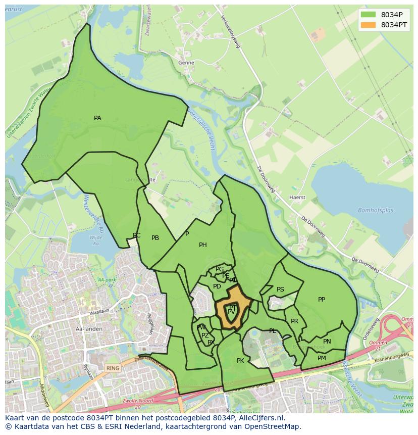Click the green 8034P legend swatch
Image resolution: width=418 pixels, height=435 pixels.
coord(369,15)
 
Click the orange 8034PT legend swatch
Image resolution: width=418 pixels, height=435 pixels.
coord(369,25)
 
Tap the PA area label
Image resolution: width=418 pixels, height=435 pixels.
coord(97,118)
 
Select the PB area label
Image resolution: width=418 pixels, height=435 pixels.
coord(155,238)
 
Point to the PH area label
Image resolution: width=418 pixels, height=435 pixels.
coord(203,245)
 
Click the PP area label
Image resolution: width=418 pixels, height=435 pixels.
coord(322,300)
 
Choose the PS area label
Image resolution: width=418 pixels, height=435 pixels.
coord(280,289)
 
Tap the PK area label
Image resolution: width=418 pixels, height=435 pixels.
coord(240,361)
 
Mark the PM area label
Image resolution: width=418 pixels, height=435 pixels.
coord(322,358)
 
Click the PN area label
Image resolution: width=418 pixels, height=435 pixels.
coord(327,342)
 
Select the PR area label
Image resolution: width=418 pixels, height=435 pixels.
coord(294,321)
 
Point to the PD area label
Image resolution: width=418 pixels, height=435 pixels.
coord(217,286)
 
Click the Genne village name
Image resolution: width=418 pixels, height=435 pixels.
coord(186,63)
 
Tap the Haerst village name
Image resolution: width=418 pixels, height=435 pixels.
coord(297,198)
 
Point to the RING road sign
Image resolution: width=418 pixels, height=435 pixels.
coord(113,368)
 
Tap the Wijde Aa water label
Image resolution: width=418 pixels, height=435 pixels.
coord(95,240)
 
